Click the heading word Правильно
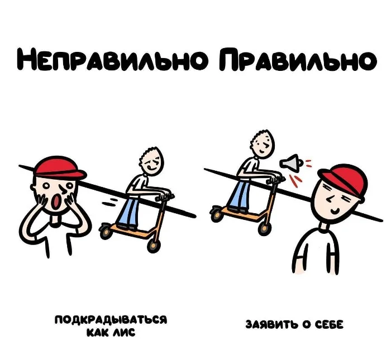[x=298, y=59]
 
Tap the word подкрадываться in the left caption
[x=111, y=320]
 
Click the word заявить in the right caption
[x=272, y=325]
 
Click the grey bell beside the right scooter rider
[x=291, y=163]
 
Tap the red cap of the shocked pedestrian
[x=59, y=167]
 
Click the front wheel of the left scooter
[x=152, y=245]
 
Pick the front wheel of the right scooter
[x=264, y=228]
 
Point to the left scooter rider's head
[x=151, y=161]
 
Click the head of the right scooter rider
[x=262, y=144]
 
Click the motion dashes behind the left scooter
[x=109, y=202]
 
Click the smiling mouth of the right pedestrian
[x=335, y=212]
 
